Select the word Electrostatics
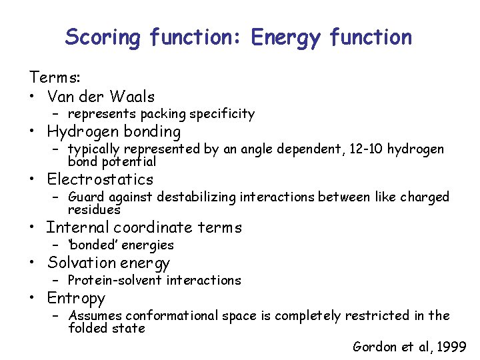coord(100,179)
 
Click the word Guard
coord(85,197)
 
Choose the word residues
coord(94,209)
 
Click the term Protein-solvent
coord(113,280)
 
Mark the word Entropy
coord(76,298)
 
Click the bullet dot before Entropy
coord(32,298)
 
